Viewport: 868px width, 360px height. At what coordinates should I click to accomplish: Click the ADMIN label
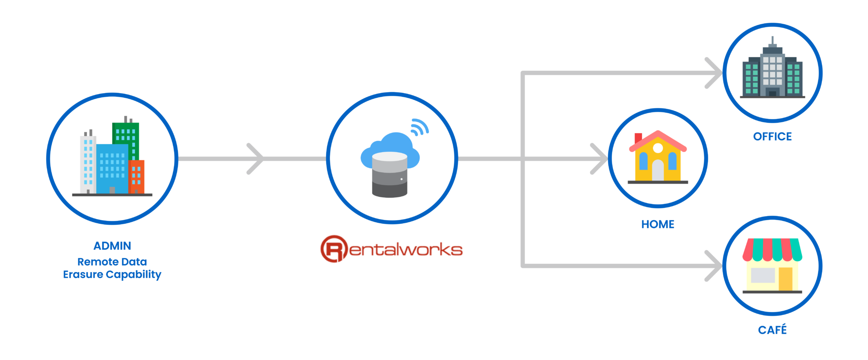point(112,246)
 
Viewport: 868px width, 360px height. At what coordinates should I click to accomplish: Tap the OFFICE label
point(772,137)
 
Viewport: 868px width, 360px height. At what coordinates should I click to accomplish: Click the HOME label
point(657,224)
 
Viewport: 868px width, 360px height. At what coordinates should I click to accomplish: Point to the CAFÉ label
point(772,329)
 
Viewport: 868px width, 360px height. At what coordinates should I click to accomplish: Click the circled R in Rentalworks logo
point(334,249)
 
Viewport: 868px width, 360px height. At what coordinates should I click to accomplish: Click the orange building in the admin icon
point(136,176)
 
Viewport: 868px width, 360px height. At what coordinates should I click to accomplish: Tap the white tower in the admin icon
point(88,163)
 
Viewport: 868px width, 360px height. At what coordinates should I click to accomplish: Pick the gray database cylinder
point(389,175)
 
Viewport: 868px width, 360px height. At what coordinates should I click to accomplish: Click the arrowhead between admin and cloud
point(256,159)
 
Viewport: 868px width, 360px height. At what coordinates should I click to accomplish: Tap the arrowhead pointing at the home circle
point(600,159)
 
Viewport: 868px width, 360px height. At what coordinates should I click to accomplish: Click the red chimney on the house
point(638,137)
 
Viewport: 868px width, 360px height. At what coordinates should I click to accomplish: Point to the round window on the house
point(658,148)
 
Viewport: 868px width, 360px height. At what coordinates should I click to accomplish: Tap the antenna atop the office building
point(773,41)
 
